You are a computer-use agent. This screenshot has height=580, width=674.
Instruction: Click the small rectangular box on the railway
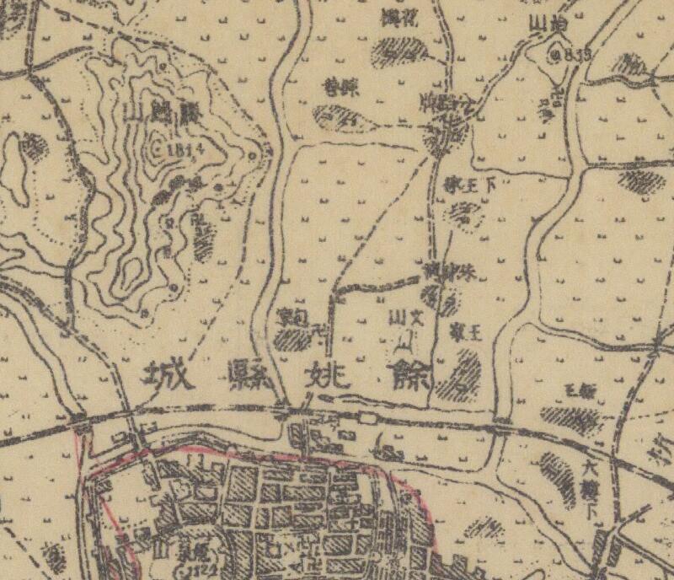tap(367, 417)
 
